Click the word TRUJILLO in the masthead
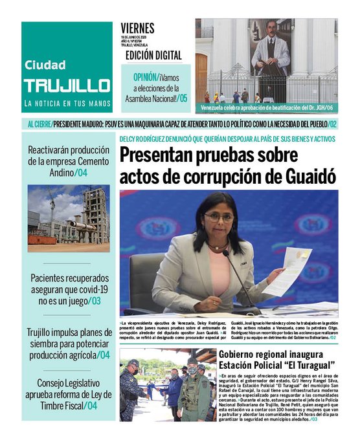pyautogui.click(x=67, y=85)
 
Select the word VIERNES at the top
pyautogui.click(x=137, y=28)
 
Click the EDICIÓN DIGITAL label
pyautogui.click(x=153, y=56)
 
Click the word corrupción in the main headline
pyautogui.click(x=221, y=175)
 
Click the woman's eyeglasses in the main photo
pyautogui.click(x=218, y=217)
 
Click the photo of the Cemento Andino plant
pyautogui.click(x=68, y=214)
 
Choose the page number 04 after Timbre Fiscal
pyautogui.click(x=91, y=406)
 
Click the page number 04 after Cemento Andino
pyautogui.click(x=82, y=173)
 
